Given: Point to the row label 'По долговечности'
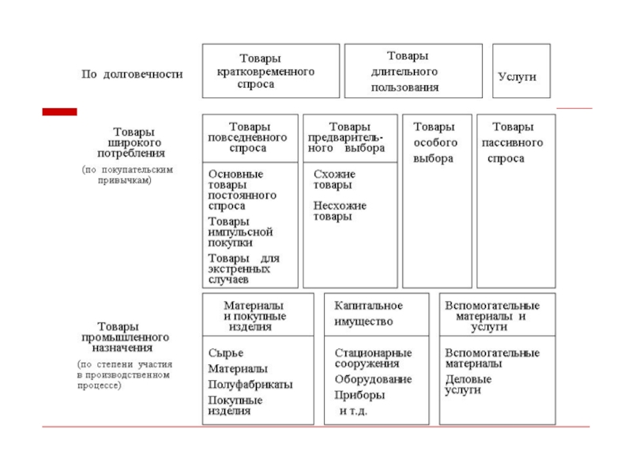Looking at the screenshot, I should pos(132,74).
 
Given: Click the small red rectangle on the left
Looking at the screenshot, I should pos(59,112).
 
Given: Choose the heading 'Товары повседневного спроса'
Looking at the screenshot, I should pos(250,137).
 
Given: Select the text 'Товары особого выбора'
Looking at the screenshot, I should pos(435,142).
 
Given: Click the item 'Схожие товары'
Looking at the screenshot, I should pos(333,179).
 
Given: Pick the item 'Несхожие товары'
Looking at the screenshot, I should pos(340,211).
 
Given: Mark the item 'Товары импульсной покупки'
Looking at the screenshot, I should pos(240,232).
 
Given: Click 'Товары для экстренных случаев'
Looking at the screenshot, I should pos(243,269).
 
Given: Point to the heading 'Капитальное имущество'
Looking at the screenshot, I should pos(368,314).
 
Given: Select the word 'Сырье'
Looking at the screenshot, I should pos(226,352).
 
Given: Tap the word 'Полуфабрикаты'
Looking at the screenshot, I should pos(250,384).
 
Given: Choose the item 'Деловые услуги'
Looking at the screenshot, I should pos(468,384).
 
